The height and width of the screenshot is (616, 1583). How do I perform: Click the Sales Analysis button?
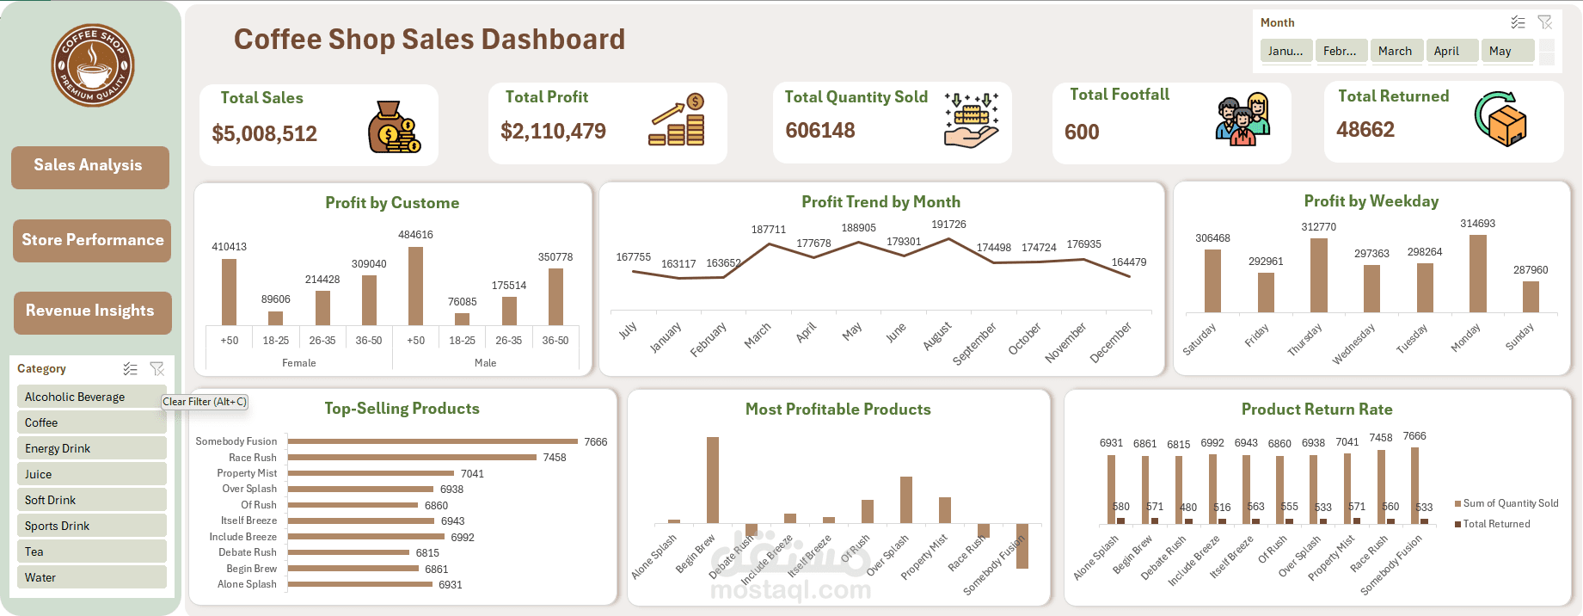(x=89, y=166)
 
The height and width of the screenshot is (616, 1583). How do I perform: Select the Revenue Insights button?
(x=92, y=311)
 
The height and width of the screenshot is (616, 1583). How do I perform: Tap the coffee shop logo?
(x=92, y=65)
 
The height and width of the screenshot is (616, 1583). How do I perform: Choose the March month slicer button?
(x=1395, y=51)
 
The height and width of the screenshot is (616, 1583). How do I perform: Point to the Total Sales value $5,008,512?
(x=264, y=134)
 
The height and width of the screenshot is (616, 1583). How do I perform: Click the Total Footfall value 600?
(x=1082, y=132)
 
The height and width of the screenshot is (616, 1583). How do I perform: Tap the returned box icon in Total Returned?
(x=1500, y=119)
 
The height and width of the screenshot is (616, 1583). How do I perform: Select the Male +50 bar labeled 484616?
(x=415, y=286)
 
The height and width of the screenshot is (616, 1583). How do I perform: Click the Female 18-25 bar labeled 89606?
(x=275, y=318)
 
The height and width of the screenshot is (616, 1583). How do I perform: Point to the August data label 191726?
(x=948, y=225)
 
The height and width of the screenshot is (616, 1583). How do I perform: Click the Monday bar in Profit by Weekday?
(x=1477, y=274)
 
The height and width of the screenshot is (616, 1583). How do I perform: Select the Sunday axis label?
(x=1520, y=336)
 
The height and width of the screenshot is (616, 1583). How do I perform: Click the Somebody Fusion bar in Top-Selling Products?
(x=433, y=441)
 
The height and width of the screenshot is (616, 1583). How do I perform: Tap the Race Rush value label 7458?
(x=555, y=458)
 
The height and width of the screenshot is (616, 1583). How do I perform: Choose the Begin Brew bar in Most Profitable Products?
(x=712, y=479)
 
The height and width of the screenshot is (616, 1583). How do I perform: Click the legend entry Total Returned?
(x=1495, y=524)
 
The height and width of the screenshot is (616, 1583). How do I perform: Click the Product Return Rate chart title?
(x=1316, y=410)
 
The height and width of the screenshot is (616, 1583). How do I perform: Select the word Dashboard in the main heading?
(x=553, y=40)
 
